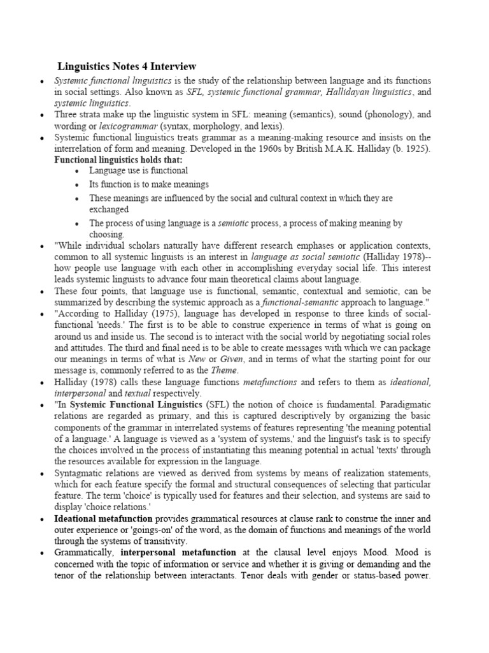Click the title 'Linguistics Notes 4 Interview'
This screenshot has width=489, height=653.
click(127, 66)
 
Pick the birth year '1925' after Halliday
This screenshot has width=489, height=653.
click(416, 149)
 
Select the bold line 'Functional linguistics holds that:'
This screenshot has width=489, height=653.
click(118, 159)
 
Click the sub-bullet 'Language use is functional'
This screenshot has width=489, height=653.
click(138, 171)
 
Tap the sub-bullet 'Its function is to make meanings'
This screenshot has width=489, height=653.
click(149, 184)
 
